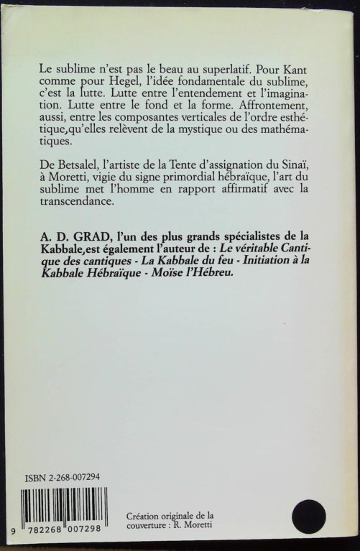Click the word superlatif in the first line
tap(216, 73)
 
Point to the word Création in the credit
tap(146, 517)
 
